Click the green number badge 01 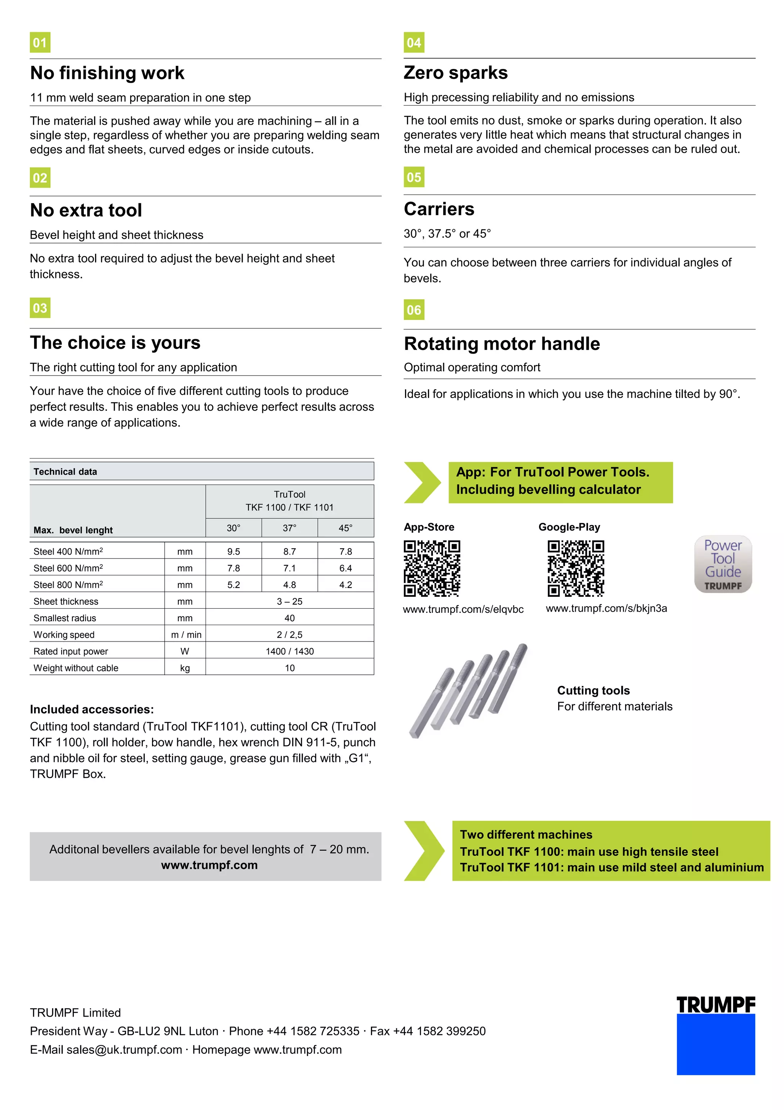point(40,42)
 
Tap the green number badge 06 point(414,310)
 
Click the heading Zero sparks point(456,72)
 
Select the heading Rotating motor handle point(502,344)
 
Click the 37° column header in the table point(289,528)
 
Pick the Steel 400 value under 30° point(234,552)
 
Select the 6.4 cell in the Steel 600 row point(345,568)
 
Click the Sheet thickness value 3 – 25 point(289,601)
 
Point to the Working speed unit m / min point(186,635)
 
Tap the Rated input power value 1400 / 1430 point(289,651)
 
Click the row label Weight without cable point(76,668)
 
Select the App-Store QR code point(432,568)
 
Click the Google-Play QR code point(575,568)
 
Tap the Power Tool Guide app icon point(723,564)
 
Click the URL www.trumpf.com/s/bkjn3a point(606,608)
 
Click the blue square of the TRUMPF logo point(715,1044)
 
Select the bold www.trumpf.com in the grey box point(209,865)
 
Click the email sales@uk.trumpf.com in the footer point(124,1050)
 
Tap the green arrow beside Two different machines point(423,850)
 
